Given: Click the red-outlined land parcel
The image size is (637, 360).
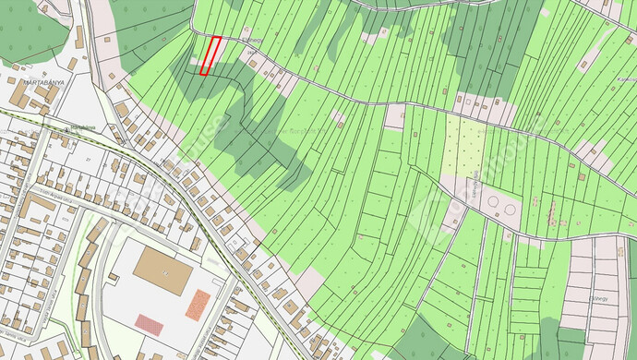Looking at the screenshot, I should click(x=211, y=55).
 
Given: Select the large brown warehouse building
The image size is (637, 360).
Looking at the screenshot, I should click(x=162, y=270).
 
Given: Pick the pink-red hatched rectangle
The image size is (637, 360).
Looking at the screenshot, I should click(x=150, y=323).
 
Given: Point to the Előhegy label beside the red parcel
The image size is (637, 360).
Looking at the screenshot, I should click(x=250, y=41).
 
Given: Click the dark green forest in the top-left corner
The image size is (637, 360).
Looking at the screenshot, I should click(x=32, y=32).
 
